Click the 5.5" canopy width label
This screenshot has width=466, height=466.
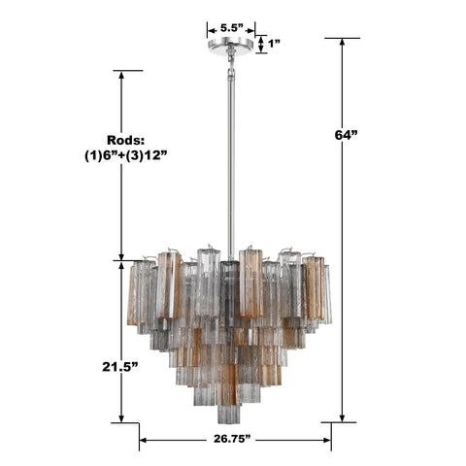[231, 28]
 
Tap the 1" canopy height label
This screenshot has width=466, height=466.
[275, 44]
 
